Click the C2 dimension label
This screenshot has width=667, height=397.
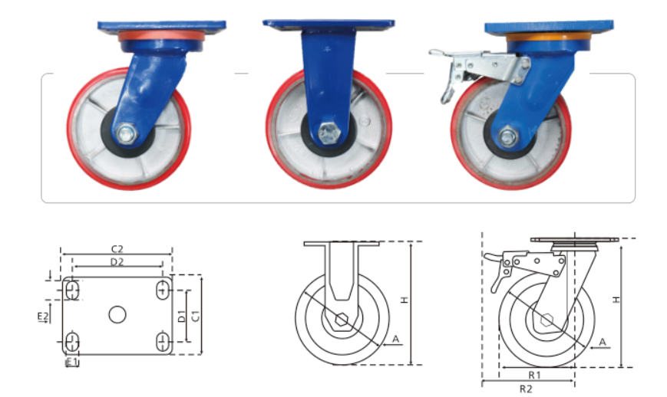pyautogui.click(x=117, y=249)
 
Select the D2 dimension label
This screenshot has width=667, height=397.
pyautogui.click(x=117, y=262)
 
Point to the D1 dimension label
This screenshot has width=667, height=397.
pyautogui.click(x=182, y=316)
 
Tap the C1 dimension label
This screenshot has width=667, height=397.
pyautogui.click(x=195, y=316)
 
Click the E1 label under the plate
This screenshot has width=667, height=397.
pyautogui.click(x=72, y=362)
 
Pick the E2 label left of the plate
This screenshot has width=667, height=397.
pyautogui.click(x=43, y=317)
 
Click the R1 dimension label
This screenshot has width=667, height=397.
pyautogui.click(x=535, y=375)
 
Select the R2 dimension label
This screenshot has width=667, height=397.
pyautogui.click(x=526, y=389)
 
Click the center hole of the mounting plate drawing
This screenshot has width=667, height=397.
pyautogui.click(x=117, y=315)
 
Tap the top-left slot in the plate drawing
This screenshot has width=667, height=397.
pyautogui.click(x=73, y=290)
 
